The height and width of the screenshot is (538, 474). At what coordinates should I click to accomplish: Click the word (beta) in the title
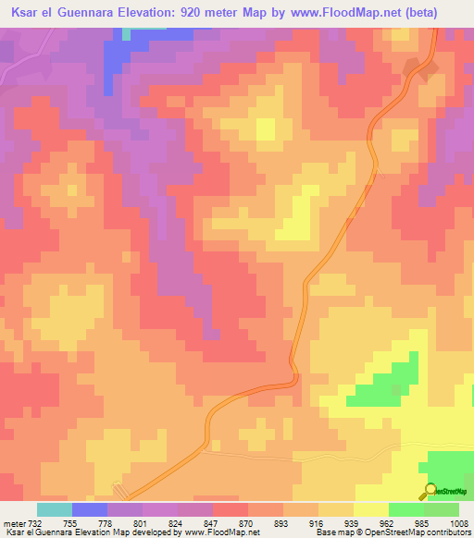click(439, 12)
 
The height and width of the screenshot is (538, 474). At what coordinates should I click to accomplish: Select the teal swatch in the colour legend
click(55, 510)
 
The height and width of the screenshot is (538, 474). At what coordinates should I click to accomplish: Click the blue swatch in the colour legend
click(90, 510)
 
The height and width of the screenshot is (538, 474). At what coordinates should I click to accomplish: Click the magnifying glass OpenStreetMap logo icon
click(430, 490)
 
